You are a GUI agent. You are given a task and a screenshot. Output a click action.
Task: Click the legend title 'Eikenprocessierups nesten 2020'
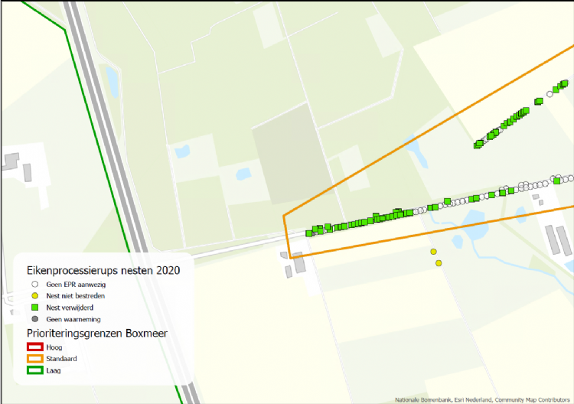tap(103, 270)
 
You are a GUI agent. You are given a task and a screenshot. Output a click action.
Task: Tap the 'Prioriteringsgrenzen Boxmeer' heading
tap(97, 333)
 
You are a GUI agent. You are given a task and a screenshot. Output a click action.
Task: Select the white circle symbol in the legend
tap(34, 283)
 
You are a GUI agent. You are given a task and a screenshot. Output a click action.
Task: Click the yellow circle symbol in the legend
tap(34, 295)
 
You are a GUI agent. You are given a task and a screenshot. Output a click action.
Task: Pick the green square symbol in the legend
tap(34, 307)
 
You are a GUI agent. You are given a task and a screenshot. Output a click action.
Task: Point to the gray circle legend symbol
tap(34, 319)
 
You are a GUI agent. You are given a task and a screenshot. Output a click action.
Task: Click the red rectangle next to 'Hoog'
tap(34, 347)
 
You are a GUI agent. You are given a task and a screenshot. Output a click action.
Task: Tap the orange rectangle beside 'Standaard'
tap(34, 358)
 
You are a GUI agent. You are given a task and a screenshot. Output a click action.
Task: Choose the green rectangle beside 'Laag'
tap(34, 370)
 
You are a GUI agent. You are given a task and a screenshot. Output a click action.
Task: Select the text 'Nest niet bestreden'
tap(75, 295)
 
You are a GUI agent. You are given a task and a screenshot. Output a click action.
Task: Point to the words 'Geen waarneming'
tap(73, 319)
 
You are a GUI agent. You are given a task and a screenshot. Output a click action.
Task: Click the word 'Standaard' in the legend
tap(62, 358)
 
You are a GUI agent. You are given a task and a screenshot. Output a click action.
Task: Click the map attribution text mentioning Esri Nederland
tap(483, 399)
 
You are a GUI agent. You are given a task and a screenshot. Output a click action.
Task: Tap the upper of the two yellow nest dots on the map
tap(433, 252)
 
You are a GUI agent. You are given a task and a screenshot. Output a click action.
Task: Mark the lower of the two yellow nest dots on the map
tap(439, 263)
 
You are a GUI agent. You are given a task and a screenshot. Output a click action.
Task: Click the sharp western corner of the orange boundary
tap(284, 217)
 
